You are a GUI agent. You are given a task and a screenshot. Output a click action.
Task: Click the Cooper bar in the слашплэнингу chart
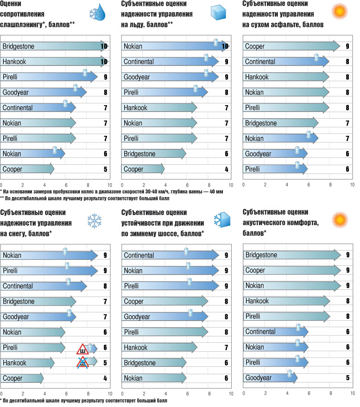(x=28, y=169)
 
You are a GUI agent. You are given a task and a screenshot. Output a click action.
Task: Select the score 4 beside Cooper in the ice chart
(x=227, y=169)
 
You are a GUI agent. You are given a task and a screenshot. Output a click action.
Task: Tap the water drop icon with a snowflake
(x=98, y=14)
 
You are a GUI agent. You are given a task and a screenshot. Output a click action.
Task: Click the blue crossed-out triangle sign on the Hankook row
(x=83, y=363)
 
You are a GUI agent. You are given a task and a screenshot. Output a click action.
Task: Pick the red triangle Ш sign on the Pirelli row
(x=83, y=348)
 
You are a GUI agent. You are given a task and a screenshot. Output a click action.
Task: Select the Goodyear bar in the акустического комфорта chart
(x=270, y=378)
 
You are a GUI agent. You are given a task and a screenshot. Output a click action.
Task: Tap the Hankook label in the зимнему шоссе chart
(x=135, y=347)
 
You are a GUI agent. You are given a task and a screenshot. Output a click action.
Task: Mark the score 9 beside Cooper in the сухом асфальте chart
(x=347, y=46)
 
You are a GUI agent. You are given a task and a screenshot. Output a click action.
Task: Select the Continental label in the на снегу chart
(x=18, y=286)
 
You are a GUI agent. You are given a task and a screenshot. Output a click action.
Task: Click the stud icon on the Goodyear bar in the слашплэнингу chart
(x=76, y=88)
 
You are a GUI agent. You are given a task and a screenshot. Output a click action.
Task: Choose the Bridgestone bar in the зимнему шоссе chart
(x=154, y=363)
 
